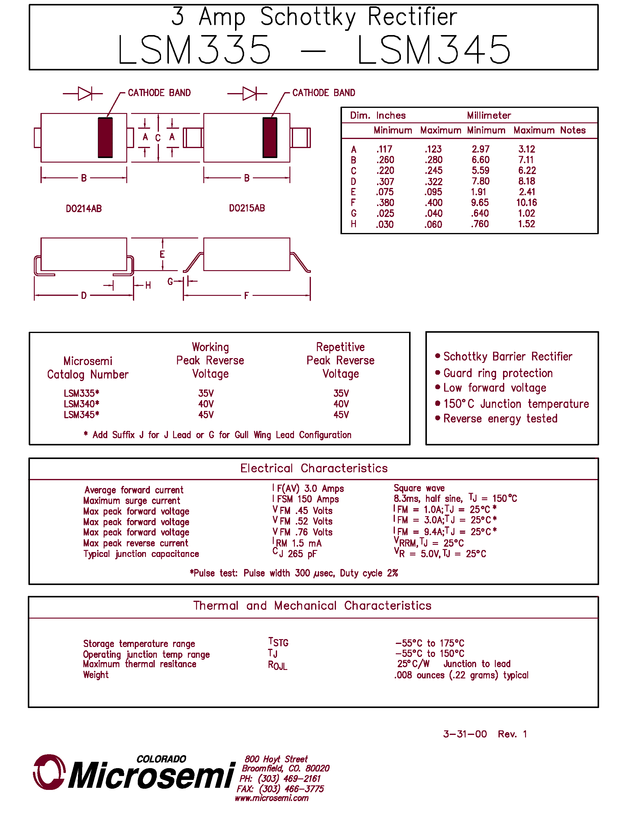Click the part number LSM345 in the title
(434, 50)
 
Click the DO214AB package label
(84, 209)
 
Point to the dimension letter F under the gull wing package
(247, 296)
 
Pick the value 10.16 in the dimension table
(526, 203)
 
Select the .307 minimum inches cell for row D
(385, 182)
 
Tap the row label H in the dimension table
(353, 224)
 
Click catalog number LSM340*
(81, 404)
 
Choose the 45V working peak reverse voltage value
(206, 415)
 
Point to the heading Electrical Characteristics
(314, 468)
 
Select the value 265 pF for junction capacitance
(302, 554)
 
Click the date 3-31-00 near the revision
(465, 734)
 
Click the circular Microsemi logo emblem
(49, 772)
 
